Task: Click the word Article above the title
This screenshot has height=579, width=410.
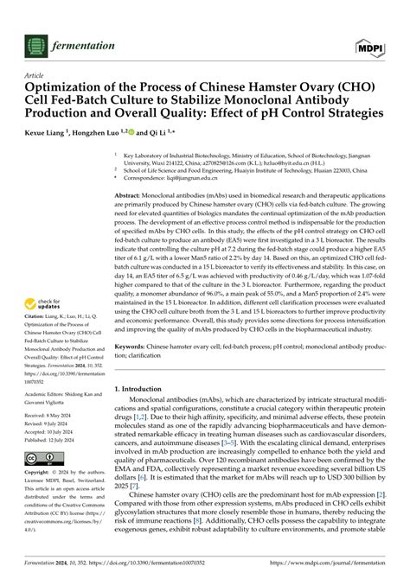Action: [38, 76]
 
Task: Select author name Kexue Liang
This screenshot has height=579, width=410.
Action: [54, 134]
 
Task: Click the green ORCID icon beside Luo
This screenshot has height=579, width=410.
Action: [156, 133]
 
